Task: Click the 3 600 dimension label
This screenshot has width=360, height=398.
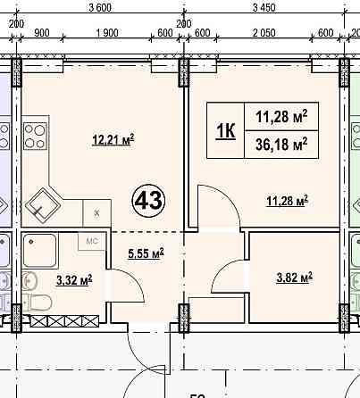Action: click(x=100, y=7)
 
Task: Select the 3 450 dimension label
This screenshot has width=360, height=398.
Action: click(x=264, y=7)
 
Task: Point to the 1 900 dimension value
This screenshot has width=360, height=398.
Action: click(x=107, y=33)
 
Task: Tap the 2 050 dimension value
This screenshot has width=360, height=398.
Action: click(x=264, y=33)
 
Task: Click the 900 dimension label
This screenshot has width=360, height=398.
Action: click(x=42, y=33)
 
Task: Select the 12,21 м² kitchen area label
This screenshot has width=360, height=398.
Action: click(x=113, y=139)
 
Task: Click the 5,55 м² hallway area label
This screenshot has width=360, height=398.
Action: click(x=146, y=253)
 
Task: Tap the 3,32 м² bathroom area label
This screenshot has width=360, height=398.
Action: click(x=74, y=279)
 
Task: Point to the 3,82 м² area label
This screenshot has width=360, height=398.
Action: click(x=295, y=278)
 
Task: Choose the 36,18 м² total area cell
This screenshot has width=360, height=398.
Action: click(x=281, y=145)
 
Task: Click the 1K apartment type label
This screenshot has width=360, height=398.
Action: click(x=226, y=130)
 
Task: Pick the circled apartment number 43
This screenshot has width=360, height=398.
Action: click(x=148, y=201)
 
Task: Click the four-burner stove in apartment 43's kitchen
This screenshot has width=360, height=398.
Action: click(x=35, y=137)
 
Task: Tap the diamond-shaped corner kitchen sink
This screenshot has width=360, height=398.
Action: click(x=43, y=205)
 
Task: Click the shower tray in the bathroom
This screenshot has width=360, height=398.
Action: click(x=40, y=251)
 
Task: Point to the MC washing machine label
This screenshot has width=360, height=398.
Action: click(x=92, y=241)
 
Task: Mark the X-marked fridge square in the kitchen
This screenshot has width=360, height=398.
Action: click(x=96, y=213)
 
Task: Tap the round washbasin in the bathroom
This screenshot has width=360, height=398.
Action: click(x=29, y=280)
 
